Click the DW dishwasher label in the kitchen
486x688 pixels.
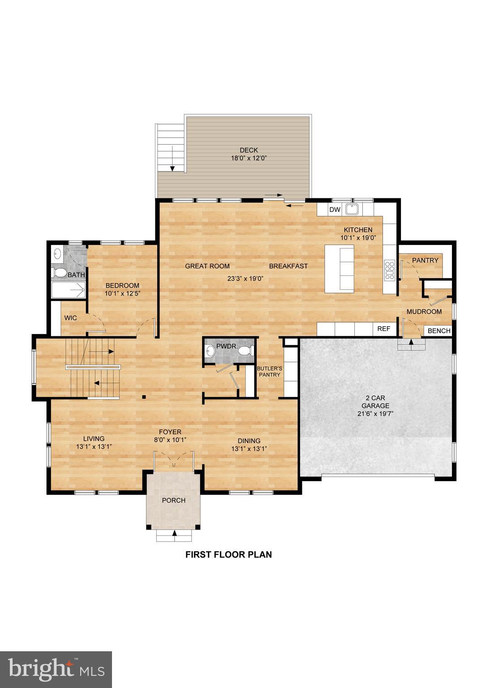point(335,210)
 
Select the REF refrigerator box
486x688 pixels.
point(384,328)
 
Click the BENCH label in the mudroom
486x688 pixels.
point(439,331)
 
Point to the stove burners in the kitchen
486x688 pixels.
point(389,271)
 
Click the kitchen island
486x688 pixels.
point(339,269)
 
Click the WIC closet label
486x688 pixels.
point(70,318)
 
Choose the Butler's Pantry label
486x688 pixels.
point(269,372)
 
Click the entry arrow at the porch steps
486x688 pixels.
point(174,533)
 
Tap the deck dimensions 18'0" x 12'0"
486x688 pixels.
point(249,158)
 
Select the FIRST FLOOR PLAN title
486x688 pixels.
point(228,555)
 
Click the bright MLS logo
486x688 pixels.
point(56,669)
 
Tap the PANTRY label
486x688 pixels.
point(425,260)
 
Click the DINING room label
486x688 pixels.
point(249,441)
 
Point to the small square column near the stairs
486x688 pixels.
point(143,396)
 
